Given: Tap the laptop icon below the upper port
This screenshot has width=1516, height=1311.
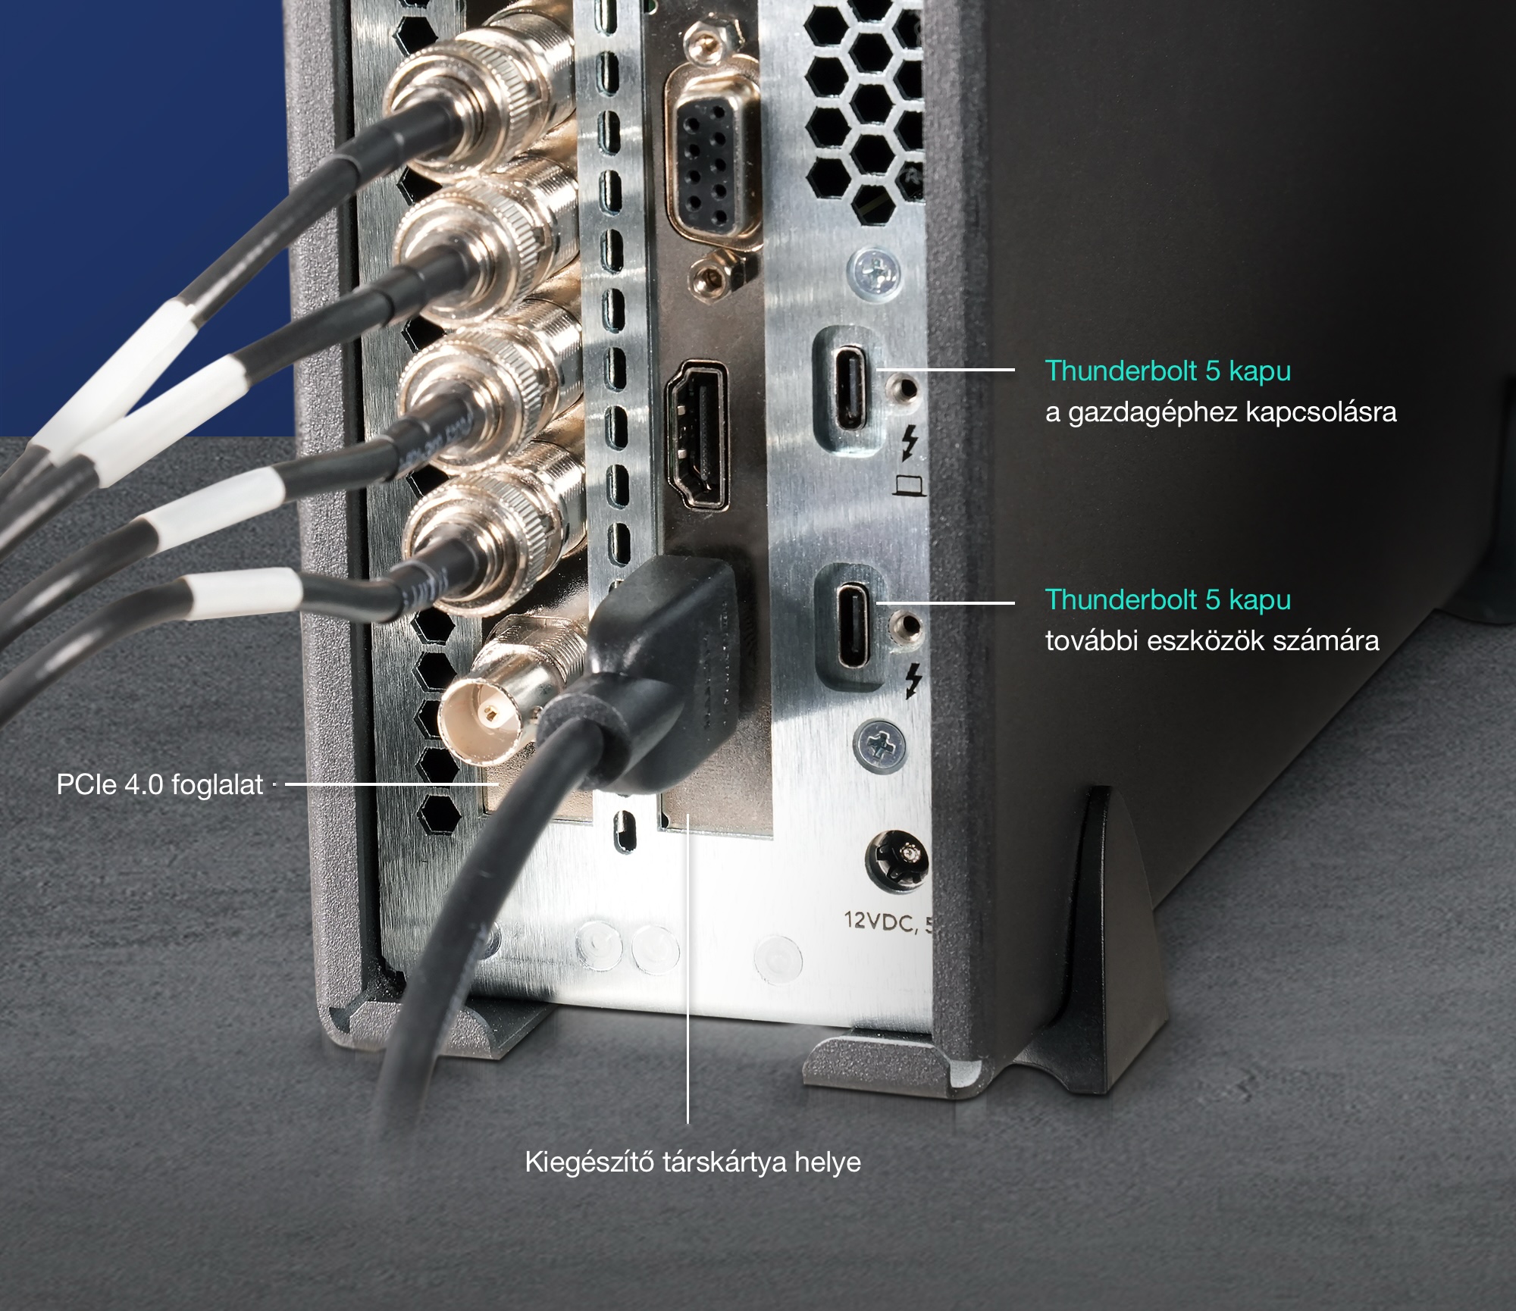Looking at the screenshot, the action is [x=910, y=484].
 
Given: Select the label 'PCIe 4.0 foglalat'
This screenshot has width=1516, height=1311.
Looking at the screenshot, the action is [x=160, y=784].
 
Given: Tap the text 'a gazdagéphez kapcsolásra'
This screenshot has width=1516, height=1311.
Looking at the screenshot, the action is [x=1220, y=412].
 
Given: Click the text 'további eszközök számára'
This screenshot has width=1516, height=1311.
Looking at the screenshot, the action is [x=1212, y=641].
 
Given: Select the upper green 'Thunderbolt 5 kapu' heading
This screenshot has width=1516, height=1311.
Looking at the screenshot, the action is [x=1168, y=371].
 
